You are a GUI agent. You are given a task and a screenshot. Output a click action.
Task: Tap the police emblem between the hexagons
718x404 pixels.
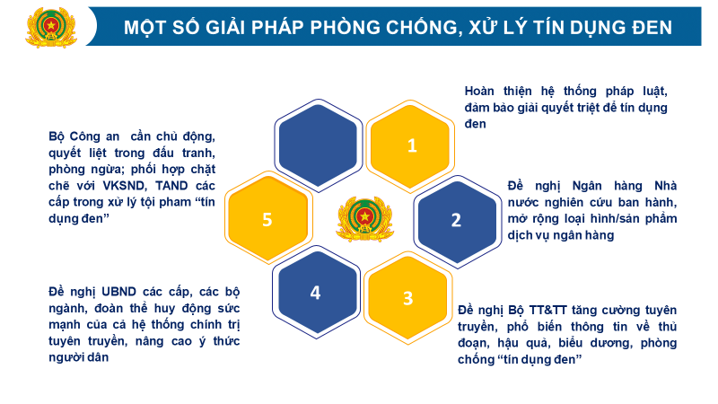click(364, 219)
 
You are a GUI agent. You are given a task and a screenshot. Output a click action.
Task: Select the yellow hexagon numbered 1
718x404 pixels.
click(412, 145)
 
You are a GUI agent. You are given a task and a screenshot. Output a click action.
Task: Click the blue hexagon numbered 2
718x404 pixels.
click(455, 219)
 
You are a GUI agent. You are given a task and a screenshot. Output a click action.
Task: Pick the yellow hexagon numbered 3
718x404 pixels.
click(407, 298)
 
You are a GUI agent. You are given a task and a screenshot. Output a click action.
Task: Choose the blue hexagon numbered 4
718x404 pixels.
click(315, 293)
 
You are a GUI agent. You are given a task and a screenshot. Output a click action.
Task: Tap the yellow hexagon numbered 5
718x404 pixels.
click(267, 219)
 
